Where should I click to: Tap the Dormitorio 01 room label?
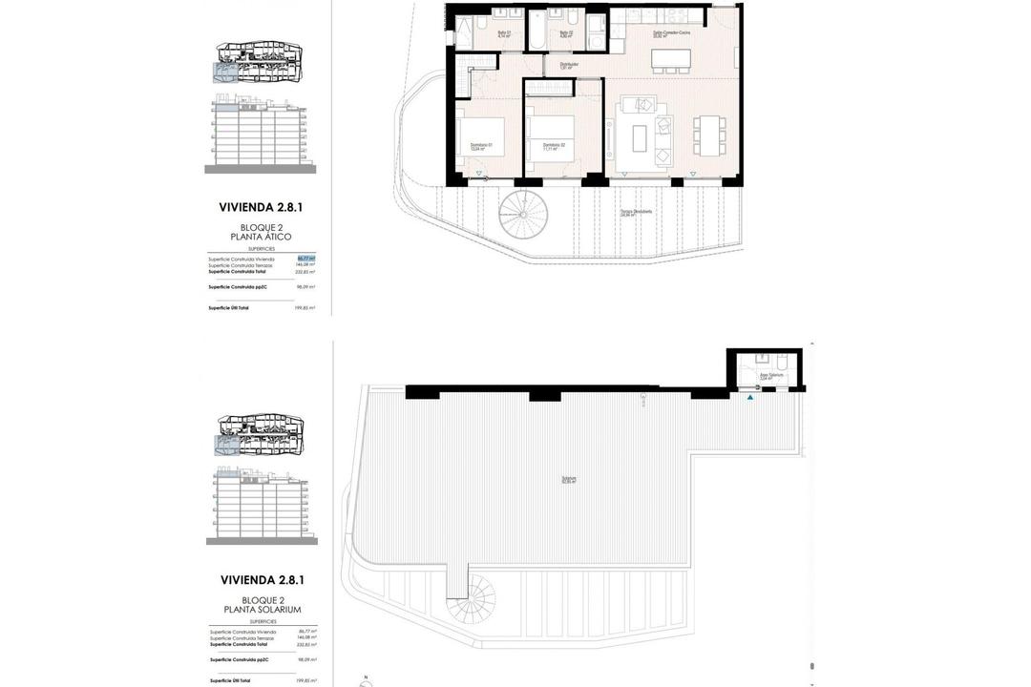[x=482, y=146]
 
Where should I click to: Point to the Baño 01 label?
[x=503, y=34]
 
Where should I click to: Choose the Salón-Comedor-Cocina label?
[x=671, y=33]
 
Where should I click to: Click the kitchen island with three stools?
[x=672, y=58]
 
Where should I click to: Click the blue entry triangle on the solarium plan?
[x=750, y=397]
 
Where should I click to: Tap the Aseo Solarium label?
[x=771, y=376]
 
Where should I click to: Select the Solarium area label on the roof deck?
[x=569, y=480]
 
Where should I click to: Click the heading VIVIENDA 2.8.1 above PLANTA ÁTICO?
[x=261, y=206]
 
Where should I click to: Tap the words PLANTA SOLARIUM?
[x=262, y=610]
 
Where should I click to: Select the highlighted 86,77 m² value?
[x=305, y=259]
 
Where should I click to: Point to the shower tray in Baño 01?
[x=468, y=33]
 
